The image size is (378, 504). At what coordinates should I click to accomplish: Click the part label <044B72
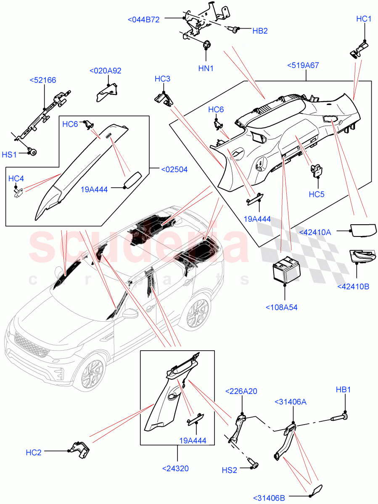pyautogui.click(x=143, y=19)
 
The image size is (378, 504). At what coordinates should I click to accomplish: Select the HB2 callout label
pyautogui.click(x=260, y=31)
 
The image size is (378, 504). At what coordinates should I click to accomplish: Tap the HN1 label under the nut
pyautogui.click(x=206, y=68)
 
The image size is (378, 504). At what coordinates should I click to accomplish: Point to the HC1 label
pyautogui.click(x=364, y=19)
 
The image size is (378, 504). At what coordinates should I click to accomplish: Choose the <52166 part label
pyautogui.click(x=43, y=80)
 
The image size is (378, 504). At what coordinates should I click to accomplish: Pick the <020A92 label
pyautogui.click(x=106, y=71)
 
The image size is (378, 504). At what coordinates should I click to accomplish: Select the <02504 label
pyautogui.click(x=174, y=170)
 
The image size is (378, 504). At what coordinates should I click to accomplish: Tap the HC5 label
pyautogui.click(x=317, y=194)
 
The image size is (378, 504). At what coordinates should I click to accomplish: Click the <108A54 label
pyautogui.click(x=281, y=307)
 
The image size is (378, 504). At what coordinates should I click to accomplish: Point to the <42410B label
pyautogui.click(x=353, y=286)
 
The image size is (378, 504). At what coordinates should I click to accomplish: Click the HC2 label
pyautogui.click(x=34, y=452)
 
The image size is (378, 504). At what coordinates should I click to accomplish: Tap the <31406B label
pyautogui.click(x=269, y=498)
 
